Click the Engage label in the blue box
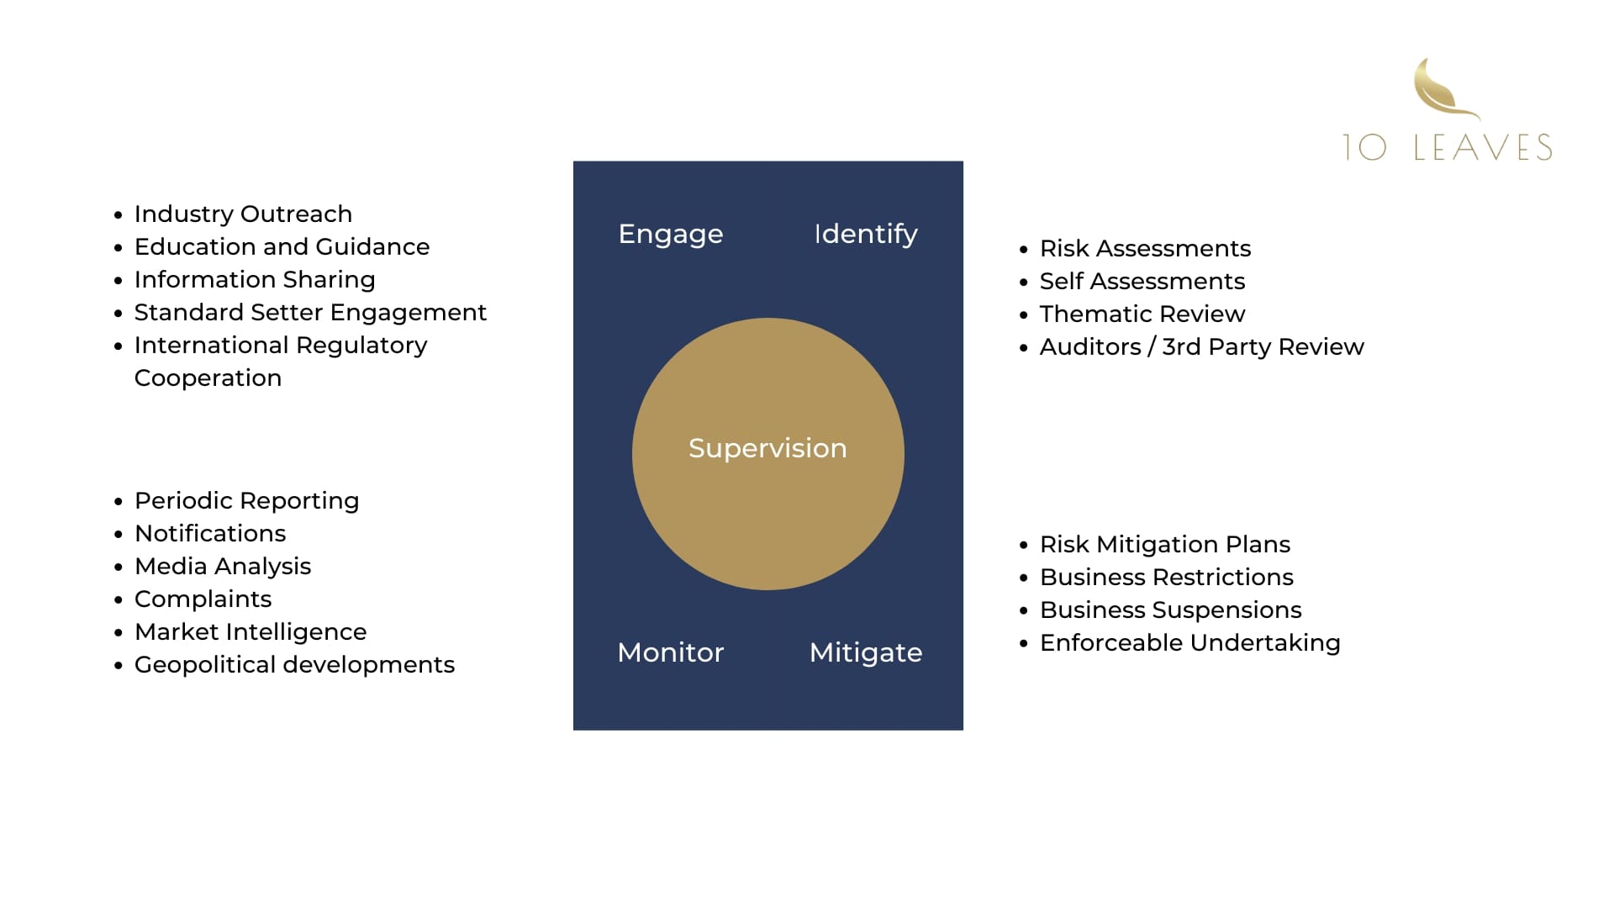click(x=670, y=234)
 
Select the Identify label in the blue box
click(x=866, y=234)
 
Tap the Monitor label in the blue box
click(x=670, y=652)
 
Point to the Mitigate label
click(x=866, y=652)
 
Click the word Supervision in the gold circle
click(x=767, y=448)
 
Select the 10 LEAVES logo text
click(x=1447, y=147)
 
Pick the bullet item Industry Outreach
click(x=243, y=214)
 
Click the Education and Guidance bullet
click(x=282, y=247)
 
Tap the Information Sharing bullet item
click(x=255, y=280)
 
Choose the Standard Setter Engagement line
click(x=310, y=313)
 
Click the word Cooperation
click(x=208, y=378)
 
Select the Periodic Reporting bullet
click(x=246, y=501)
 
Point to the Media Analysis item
click(x=223, y=567)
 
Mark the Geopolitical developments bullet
click(x=294, y=665)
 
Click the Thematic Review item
click(x=1142, y=314)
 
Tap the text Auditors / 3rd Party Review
click(x=1201, y=347)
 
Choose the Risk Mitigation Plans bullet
click(x=1164, y=545)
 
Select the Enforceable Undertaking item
click(x=1189, y=643)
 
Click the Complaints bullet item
click(x=203, y=599)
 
